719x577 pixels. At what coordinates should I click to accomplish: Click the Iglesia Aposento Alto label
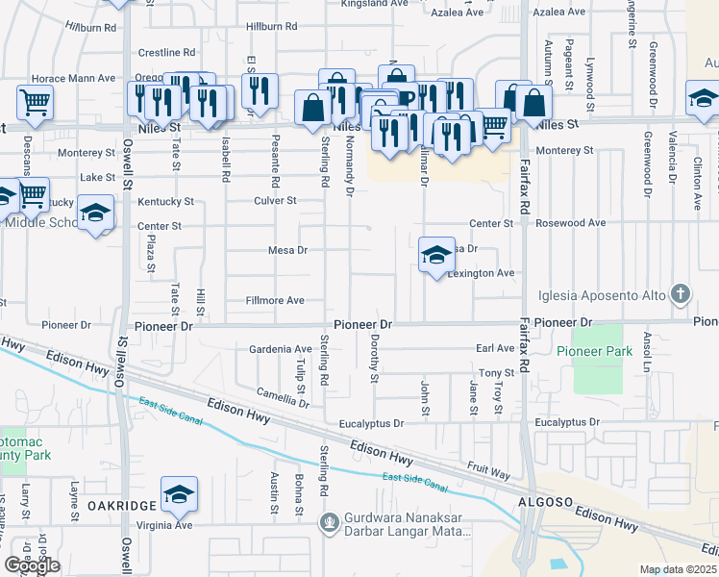click(607, 292)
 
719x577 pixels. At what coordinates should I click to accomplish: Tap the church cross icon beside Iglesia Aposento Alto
click(681, 292)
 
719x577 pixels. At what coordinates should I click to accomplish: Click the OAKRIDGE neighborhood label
click(122, 506)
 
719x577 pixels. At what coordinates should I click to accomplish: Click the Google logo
click(32, 565)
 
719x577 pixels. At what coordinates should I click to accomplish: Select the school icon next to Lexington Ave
click(436, 255)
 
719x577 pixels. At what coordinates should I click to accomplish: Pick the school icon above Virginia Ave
click(179, 494)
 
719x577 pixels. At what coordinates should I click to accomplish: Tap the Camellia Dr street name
click(283, 393)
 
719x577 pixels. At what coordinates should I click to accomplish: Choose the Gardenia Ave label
click(281, 349)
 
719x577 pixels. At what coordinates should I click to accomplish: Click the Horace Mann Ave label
click(73, 78)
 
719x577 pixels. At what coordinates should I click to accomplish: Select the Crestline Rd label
click(166, 52)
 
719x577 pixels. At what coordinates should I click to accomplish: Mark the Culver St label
click(274, 201)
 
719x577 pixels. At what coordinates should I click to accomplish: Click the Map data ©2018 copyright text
click(678, 569)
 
